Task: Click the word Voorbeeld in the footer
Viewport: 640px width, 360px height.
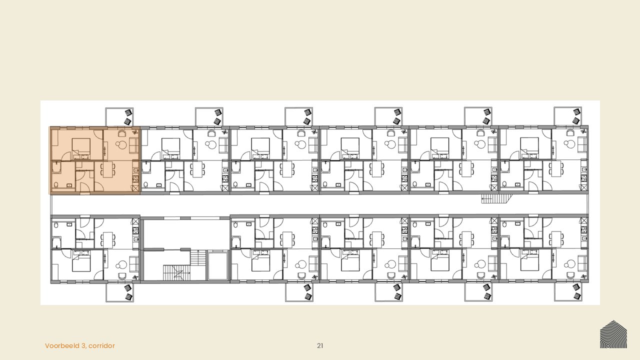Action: tap(62, 345)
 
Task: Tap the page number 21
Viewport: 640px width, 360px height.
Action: tap(320, 345)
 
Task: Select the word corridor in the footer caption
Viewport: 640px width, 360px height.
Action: tap(101, 345)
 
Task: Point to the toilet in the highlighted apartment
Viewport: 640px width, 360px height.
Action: tap(56, 185)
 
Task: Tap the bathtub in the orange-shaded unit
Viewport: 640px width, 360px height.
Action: tap(56, 167)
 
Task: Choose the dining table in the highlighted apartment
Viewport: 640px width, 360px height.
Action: tap(107, 169)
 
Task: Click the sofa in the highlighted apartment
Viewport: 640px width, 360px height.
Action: tap(134, 145)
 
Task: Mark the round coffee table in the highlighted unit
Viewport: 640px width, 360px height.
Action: tap(121, 145)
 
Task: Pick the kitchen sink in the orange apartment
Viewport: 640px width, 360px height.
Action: tap(135, 170)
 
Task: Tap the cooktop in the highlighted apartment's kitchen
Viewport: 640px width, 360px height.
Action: tap(135, 179)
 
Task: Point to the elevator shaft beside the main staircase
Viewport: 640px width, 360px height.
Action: tap(218, 265)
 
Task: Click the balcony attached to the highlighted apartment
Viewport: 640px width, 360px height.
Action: tap(119, 116)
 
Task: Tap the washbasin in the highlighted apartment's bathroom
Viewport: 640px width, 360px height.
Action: tap(69, 185)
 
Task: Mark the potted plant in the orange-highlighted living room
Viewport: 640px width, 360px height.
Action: tap(135, 132)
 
